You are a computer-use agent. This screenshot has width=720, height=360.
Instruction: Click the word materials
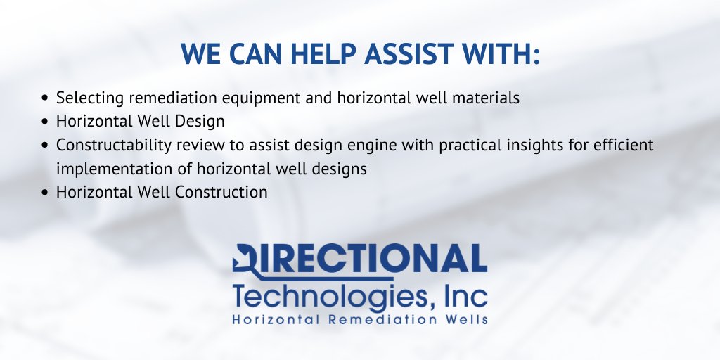486,98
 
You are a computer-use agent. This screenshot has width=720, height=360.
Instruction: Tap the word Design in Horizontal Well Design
200,121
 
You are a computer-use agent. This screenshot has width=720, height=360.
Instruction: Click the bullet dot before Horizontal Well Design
46,122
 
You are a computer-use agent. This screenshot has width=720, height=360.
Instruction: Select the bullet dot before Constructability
46,146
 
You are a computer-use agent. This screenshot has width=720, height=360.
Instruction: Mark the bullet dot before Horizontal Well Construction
46,193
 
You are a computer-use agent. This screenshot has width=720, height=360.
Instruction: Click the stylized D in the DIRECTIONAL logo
247,259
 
